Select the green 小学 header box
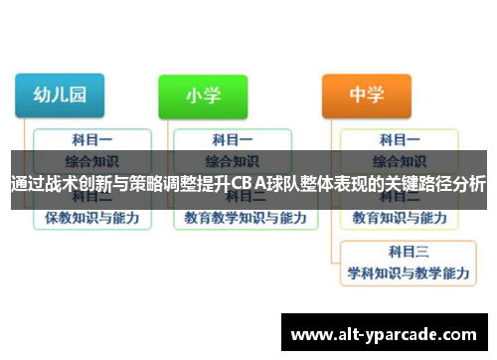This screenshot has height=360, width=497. (x=203, y=96)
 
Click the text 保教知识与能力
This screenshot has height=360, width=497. (x=91, y=216)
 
